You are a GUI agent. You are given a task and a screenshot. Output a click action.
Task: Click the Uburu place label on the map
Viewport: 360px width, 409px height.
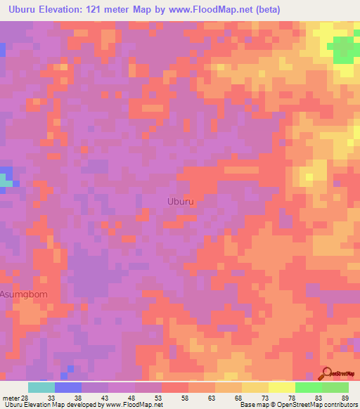click(x=181, y=202)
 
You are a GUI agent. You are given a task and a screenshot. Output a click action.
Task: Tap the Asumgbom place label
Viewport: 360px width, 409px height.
click(x=24, y=294)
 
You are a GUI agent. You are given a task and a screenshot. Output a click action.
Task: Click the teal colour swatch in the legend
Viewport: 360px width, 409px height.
click(x=41, y=387)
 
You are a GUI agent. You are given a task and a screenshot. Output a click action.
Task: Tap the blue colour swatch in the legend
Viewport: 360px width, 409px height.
click(x=68, y=387)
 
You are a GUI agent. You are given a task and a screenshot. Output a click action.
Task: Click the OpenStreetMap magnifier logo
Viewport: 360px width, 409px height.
click(x=327, y=373)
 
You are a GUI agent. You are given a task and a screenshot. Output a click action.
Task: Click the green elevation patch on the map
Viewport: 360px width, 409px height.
click(x=343, y=49)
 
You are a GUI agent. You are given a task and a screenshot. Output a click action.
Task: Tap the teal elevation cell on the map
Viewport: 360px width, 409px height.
click(x=6, y=180)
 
